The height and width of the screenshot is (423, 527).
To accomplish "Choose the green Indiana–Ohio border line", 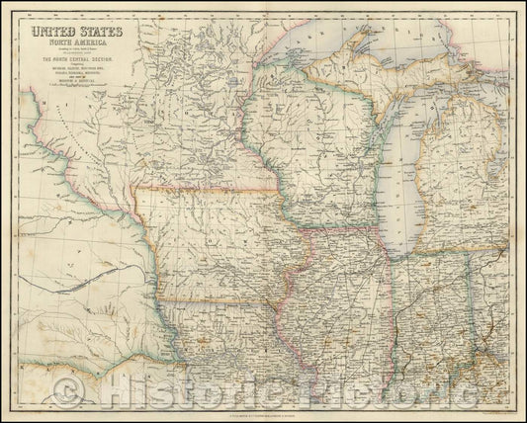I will point(465,306).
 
